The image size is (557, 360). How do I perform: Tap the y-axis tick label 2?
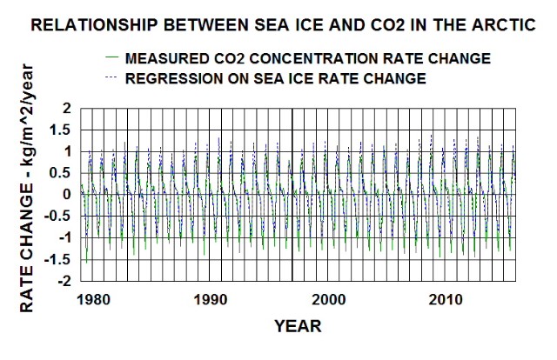pyautogui.click(x=64, y=108)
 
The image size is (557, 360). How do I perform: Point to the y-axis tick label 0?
pyautogui.click(x=64, y=194)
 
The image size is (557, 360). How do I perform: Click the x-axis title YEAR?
pyautogui.click(x=298, y=327)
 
